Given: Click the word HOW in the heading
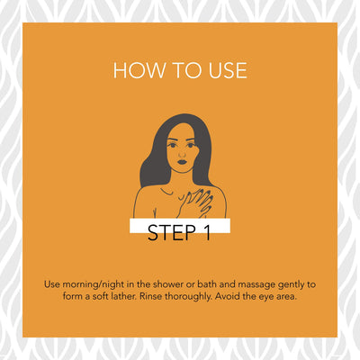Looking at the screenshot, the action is pos(139,70).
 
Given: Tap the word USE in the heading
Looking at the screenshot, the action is pos(228,70).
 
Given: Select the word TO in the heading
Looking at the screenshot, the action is pos(186,70).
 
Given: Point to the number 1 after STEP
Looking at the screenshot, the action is pos(207,232).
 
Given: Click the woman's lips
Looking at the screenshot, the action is pos(182,162).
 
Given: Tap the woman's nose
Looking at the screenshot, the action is pos(182,154).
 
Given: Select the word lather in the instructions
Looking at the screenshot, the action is pos(124,296).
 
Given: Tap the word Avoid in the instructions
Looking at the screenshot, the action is pos(226,296).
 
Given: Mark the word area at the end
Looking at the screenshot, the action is pos(286,297).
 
